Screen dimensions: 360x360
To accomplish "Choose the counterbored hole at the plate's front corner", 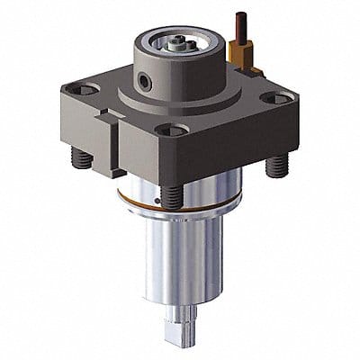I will click(166, 130).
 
